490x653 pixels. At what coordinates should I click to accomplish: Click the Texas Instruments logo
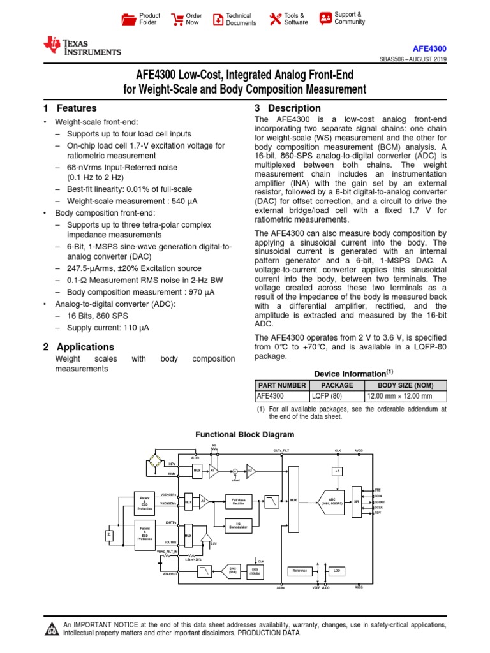click(x=81, y=47)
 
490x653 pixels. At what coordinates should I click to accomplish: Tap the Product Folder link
click(x=142, y=19)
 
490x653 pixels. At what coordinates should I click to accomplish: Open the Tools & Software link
click(x=288, y=19)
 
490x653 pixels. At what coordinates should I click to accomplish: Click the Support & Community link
click(x=342, y=18)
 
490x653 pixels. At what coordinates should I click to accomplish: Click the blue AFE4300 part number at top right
click(x=429, y=48)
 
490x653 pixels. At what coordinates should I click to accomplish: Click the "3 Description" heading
click(x=288, y=108)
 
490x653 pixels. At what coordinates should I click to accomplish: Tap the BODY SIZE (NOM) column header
click(x=405, y=385)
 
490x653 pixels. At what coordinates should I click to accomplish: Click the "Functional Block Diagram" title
click(x=245, y=435)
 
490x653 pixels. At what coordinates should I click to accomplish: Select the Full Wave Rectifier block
click(x=239, y=502)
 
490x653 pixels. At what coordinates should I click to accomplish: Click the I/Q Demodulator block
click(x=239, y=526)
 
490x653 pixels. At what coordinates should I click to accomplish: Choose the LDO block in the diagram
click(x=336, y=571)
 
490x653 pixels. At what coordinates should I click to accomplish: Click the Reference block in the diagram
click(x=301, y=571)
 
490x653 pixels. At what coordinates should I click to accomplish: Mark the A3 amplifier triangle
click(x=204, y=501)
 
